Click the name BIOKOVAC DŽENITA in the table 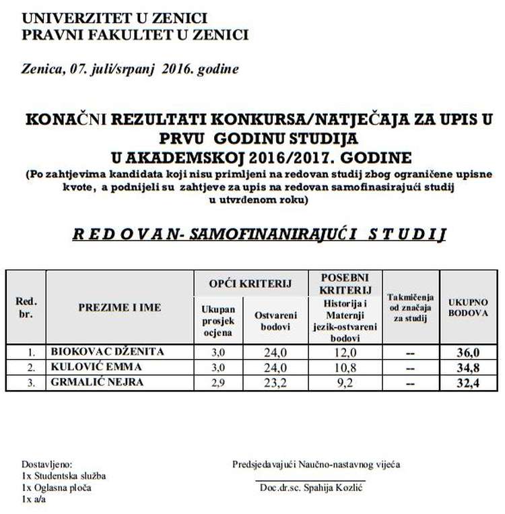click(107, 352)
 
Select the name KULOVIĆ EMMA click(94, 367)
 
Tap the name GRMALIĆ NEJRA click(97, 383)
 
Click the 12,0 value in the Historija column click(344, 352)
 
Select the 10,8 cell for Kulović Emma click(344, 368)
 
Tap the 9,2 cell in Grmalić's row click(344, 383)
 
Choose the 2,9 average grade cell click(217, 383)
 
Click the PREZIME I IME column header click(119, 308)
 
